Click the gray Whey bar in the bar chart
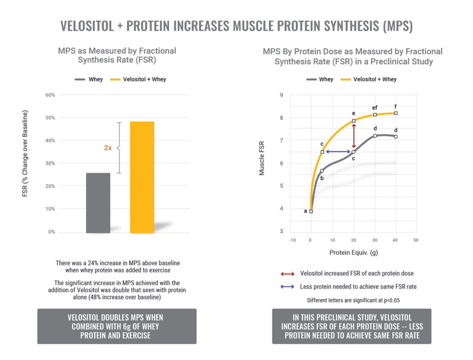(x=98, y=203)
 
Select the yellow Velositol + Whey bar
(x=142, y=177)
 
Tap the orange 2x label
(x=108, y=148)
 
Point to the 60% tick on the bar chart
(x=49, y=95)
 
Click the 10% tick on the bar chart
(x=49, y=209)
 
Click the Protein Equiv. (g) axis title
(x=353, y=252)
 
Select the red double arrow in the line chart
(x=354, y=136)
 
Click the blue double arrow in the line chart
(x=338, y=151)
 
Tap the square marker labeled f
(x=396, y=113)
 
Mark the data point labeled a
(x=311, y=211)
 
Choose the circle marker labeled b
(x=322, y=171)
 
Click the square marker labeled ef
(x=375, y=114)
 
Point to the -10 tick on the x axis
(x=292, y=240)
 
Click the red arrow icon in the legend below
(x=287, y=274)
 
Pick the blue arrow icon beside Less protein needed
(x=287, y=287)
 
